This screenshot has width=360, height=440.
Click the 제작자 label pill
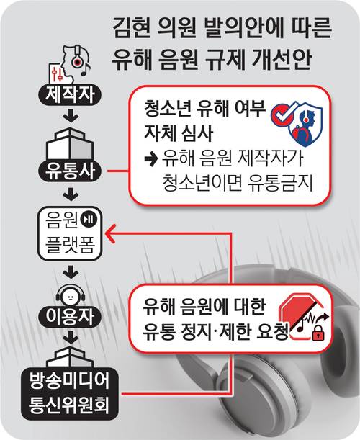70,95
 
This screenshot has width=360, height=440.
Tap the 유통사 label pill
70,171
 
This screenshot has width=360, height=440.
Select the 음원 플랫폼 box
70,233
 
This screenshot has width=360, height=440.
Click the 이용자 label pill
70,317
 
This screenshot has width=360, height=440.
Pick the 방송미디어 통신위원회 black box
69,393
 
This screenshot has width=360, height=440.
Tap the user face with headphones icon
70,296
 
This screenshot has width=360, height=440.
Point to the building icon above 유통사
70,145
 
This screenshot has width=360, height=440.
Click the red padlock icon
318,333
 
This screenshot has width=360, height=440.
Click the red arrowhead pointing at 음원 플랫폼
110,233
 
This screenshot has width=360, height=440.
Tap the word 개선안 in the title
282,60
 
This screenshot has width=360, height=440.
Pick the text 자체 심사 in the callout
179,132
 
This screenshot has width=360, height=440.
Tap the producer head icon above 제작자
70,64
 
